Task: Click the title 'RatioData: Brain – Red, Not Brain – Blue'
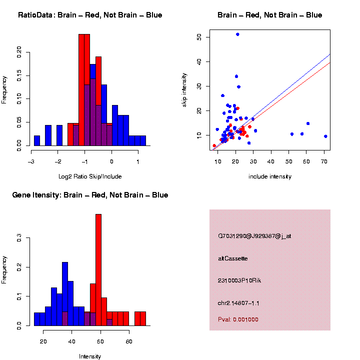pyautogui.click(x=90, y=15)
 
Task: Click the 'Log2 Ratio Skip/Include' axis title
pyautogui.click(x=90, y=176)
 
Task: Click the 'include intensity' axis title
pyautogui.click(x=270, y=176)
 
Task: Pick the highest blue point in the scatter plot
pyautogui.click(x=237, y=34)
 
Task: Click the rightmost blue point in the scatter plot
pyautogui.click(x=325, y=136)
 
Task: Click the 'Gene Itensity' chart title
pyautogui.click(x=90, y=195)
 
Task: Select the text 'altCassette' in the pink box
pyautogui.click(x=233, y=258)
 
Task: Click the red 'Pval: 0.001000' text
pyautogui.click(x=238, y=319)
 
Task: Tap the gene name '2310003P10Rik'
pyautogui.click(x=239, y=280)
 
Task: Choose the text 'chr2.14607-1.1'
pyautogui.click(x=238, y=303)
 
